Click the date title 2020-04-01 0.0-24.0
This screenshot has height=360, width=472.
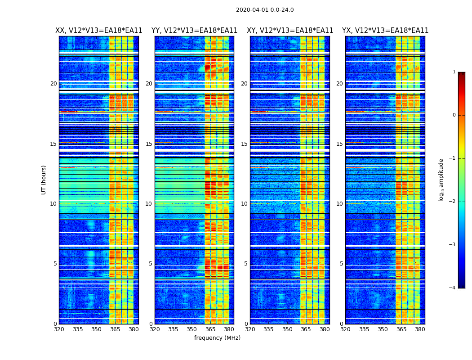pyautogui.click(x=265, y=10)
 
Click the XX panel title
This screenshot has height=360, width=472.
pyautogui.click(x=99, y=31)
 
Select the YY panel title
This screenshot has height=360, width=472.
pyautogui.click(x=194, y=31)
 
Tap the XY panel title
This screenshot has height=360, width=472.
pyautogui.click(x=290, y=31)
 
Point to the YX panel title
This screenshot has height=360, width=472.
pyautogui.click(x=385, y=31)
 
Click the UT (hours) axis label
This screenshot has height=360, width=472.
pyautogui.click(x=44, y=180)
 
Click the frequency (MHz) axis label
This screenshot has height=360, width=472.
pyautogui.click(x=217, y=338)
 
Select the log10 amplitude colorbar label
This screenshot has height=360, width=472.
pyautogui.click(x=441, y=180)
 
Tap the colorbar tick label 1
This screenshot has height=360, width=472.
pyautogui.click(x=454, y=72)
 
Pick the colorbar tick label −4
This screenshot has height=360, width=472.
pyautogui.click(x=453, y=288)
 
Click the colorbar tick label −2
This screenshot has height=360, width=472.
pyautogui.click(x=453, y=202)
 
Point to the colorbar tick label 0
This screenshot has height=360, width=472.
pyautogui.click(x=454, y=115)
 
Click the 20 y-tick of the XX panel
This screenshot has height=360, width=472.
pyautogui.click(x=53, y=84)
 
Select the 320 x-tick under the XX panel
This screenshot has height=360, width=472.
pyautogui.click(x=59, y=329)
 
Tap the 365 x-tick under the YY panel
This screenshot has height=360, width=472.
pyautogui.click(x=210, y=329)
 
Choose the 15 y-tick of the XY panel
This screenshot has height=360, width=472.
pyautogui.click(x=245, y=144)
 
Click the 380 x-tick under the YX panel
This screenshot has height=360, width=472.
pyautogui.click(x=420, y=329)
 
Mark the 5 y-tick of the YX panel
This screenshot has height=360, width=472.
pyautogui.click(x=342, y=264)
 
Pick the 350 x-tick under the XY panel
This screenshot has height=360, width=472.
pyautogui.click(x=287, y=329)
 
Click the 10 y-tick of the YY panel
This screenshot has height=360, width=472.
pyautogui.click(x=149, y=204)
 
